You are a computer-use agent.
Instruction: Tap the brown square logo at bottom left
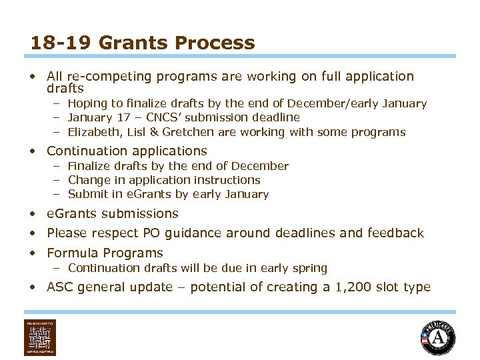tap(40, 337)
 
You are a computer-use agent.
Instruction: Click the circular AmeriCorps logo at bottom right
tap(438, 338)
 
